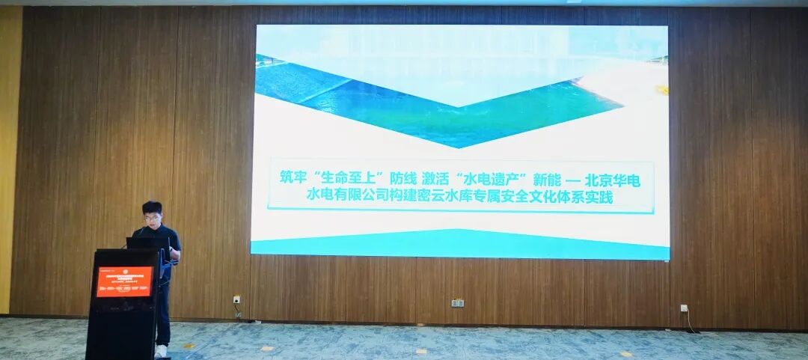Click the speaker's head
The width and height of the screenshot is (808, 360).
click(153, 213)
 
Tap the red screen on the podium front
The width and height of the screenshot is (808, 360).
click(124, 281)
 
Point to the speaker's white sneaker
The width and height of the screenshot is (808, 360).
click(161, 350)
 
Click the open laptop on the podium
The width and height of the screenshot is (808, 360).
click(147, 242)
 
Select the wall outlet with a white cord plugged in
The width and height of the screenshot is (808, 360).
click(684, 308)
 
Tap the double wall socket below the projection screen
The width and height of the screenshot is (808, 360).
click(458, 302)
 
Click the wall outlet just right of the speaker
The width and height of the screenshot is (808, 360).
click(236, 299)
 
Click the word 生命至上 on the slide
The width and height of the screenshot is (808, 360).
click(350, 179)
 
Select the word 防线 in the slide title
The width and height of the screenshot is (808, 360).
click(403, 179)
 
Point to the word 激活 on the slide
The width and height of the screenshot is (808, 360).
click(438, 179)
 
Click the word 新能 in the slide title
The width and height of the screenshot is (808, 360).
click(545, 179)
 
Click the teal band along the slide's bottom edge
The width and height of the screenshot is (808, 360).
click(459, 246)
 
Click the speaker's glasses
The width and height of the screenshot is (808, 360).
click(153, 217)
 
